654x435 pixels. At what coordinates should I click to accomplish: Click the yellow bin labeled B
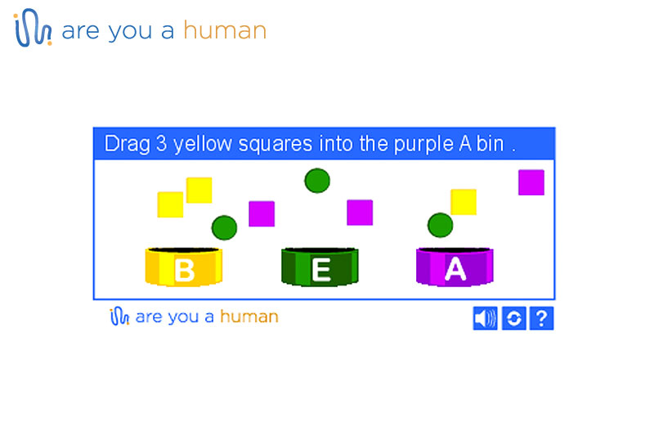point(183,267)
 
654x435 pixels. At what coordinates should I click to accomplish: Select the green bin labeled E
point(320,267)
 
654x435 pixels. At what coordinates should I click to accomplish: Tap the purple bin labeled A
point(455,267)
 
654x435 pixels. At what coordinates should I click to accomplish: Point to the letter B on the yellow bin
point(185,271)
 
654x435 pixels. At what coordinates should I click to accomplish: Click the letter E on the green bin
point(321,271)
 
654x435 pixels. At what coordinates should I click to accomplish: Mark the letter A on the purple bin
point(455,269)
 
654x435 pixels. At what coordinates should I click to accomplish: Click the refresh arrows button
point(514,318)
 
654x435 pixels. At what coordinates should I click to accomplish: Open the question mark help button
point(541,318)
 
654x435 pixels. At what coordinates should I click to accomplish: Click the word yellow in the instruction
point(203,144)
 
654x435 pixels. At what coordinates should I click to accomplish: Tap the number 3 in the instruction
point(161,143)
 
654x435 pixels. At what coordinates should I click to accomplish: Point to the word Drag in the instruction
point(128,144)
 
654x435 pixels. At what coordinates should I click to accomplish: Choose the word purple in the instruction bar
point(423,144)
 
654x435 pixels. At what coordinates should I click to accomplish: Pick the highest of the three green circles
point(317,181)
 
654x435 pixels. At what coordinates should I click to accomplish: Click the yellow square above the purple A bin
point(464,202)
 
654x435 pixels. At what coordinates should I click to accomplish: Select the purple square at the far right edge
point(531,182)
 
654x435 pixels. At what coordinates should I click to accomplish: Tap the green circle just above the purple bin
point(441,225)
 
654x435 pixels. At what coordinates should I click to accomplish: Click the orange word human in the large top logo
point(225,30)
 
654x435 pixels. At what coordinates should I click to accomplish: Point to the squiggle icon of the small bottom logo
point(119,316)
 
